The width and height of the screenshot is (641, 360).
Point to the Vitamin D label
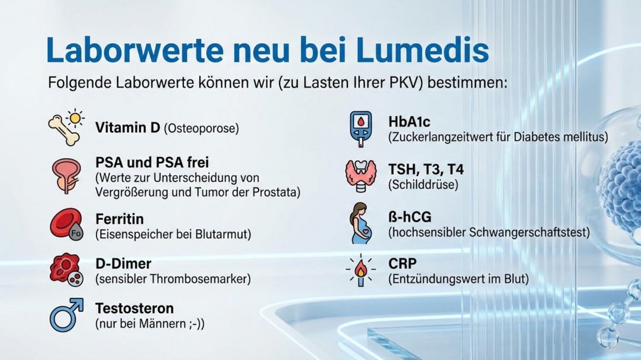coord(127,127)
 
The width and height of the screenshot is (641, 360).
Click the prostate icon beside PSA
coord(67,175)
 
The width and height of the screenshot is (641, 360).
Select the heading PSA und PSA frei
coord(152,162)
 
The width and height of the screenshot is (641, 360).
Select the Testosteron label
coord(135,308)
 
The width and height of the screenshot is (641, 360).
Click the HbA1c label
coord(409,122)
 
